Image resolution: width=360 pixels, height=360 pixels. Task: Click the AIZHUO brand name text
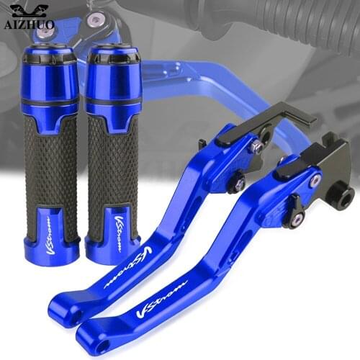tap(30, 24)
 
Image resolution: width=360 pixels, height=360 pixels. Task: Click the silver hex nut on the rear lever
tap(256, 148)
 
